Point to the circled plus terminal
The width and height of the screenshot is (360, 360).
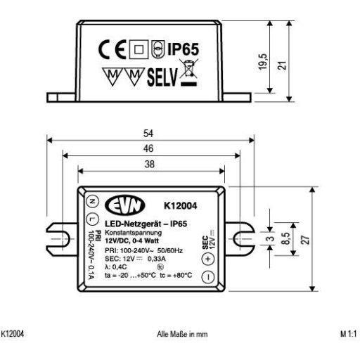(x=209, y=257)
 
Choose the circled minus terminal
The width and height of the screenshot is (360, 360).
(x=209, y=276)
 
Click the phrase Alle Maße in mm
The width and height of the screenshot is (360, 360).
(x=181, y=335)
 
